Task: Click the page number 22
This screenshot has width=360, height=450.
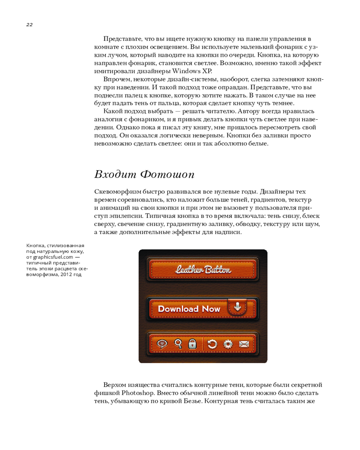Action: tap(29, 24)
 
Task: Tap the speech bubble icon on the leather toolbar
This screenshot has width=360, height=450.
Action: tap(162, 344)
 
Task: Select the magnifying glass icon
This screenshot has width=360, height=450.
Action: tap(178, 344)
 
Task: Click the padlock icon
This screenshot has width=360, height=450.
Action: tap(192, 344)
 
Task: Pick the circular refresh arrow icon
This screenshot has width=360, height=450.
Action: tap(213, 344)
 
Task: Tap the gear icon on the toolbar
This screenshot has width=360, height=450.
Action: tap(228, 344)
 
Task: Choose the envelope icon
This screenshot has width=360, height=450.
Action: tap(243, 344)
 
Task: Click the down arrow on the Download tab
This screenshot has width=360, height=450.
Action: tap(238, 306)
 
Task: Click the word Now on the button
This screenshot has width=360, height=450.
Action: tap(211, 309)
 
